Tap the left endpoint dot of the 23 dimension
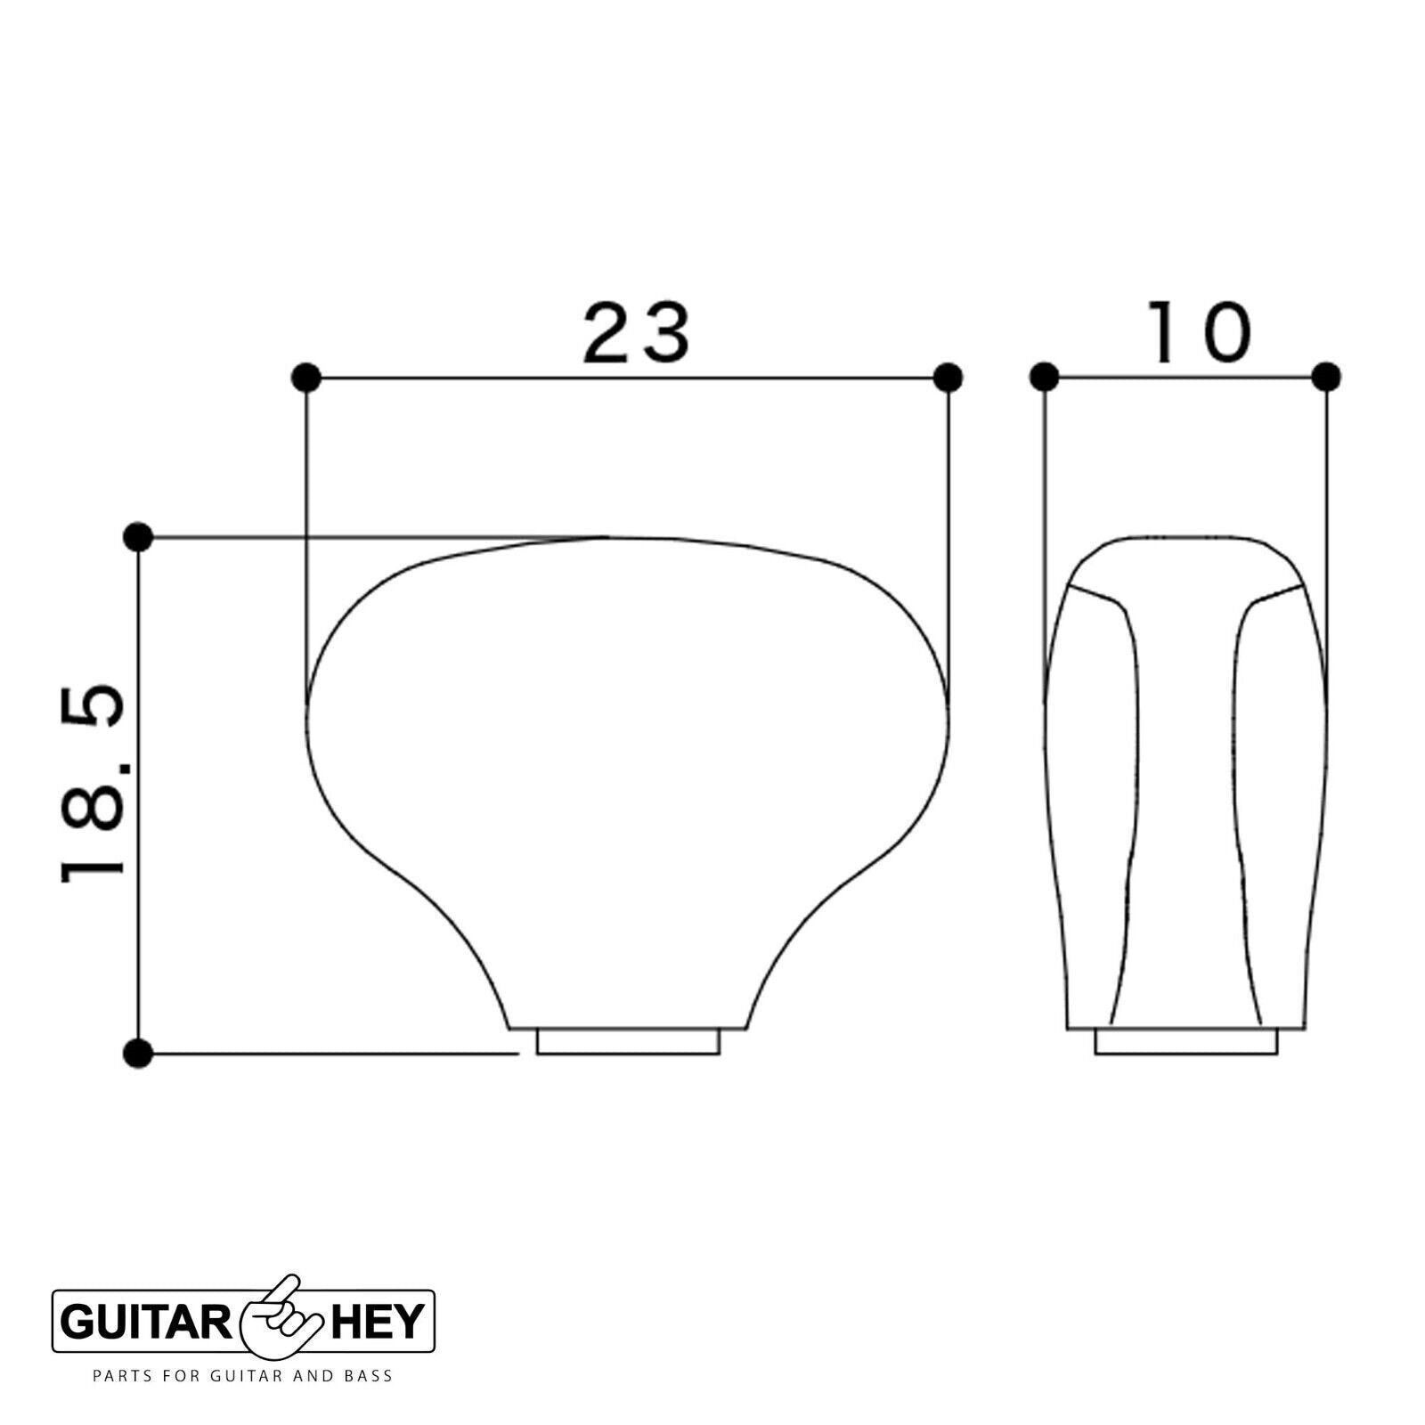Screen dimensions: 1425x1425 click(x=305, y=378)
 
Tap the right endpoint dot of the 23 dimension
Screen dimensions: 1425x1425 click(x=949, y=378)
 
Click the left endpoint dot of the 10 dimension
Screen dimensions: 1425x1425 click(x=1044, y=378)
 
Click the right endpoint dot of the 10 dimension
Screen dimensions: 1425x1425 click(x=1326, y=378)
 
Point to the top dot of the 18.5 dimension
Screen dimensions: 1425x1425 click(x=138, y=537)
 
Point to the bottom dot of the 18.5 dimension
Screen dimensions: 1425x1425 click(x=138, y=1054)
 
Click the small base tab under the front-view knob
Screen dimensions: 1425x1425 click(x=628, y=1042)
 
